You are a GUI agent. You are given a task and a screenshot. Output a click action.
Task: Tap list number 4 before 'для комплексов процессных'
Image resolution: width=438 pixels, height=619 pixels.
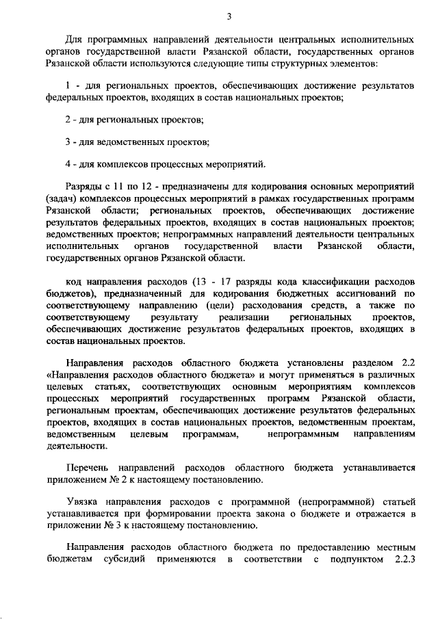coord(68,163)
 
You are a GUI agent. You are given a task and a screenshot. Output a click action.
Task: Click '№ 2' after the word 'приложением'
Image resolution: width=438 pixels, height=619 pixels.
coord(108,481)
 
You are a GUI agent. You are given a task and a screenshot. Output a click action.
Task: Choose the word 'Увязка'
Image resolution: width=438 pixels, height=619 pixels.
coord(81,503)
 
